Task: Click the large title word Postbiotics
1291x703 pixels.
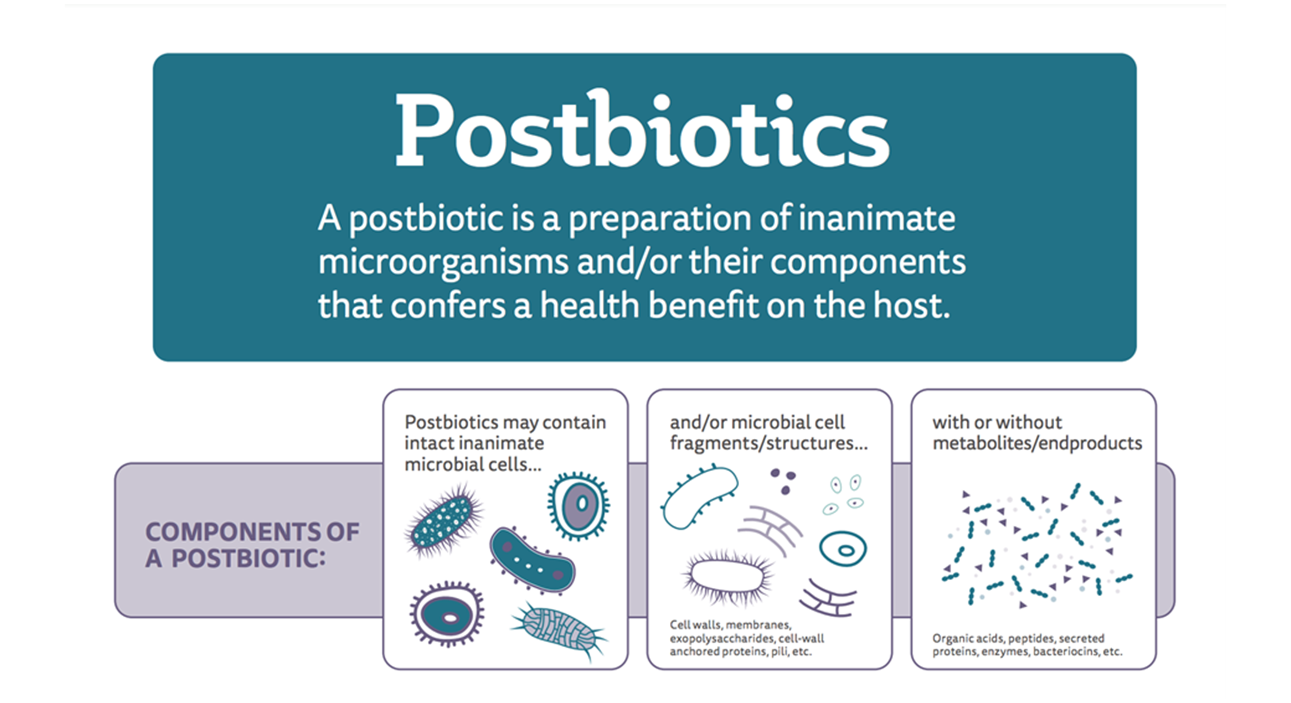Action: (642, 130)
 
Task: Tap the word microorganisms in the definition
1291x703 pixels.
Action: (443, 263)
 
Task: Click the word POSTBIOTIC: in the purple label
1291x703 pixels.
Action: (248, 559)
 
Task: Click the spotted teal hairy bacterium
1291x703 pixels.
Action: (443, 520)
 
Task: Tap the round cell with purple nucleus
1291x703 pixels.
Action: (579, 506)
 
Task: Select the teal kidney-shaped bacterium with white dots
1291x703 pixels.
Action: (532, 560)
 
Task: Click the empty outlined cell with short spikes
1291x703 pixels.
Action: (699, 496)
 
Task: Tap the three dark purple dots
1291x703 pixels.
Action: (783, 480)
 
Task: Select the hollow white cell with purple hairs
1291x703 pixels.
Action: (727, 577)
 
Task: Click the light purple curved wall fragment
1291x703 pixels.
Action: (770, 529)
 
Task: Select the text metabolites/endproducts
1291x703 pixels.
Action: (1037, 443)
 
